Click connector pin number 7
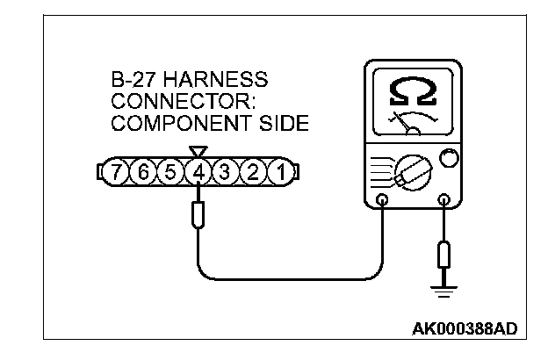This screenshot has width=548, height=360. tap(116, 173)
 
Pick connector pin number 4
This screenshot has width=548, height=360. tap(198, 173)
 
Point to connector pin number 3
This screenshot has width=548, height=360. tap(226, 173)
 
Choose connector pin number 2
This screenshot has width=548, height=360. tap(253, 173)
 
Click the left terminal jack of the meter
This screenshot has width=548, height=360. tap(382, 201)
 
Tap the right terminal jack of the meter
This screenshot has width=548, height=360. tap(444, 201)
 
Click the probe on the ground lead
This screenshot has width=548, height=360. tap(444, 257)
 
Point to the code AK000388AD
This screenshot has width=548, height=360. tap(465, 329)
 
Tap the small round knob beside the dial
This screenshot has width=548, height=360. tap(448, 158)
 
